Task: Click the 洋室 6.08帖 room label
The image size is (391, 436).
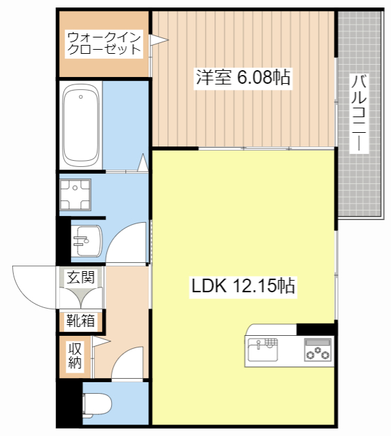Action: pos(244,78)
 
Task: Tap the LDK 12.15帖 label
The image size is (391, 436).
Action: pos(243,286)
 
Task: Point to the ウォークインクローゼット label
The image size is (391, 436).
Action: pos(104,42)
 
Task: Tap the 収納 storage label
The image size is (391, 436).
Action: pos(74,355)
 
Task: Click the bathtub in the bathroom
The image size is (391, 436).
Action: pos(81,125)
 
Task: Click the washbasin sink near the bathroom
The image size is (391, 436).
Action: pos(88,240)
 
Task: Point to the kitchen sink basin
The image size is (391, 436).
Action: pos(262,350)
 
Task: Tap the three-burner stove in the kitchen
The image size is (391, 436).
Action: pos(317,350)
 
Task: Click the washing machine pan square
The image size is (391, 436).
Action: pos(76,193)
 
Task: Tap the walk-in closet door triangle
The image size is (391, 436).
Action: pos(157,41)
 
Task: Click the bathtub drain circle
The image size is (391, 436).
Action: pos(81,97)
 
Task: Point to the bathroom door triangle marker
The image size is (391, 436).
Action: pos(143,163)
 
